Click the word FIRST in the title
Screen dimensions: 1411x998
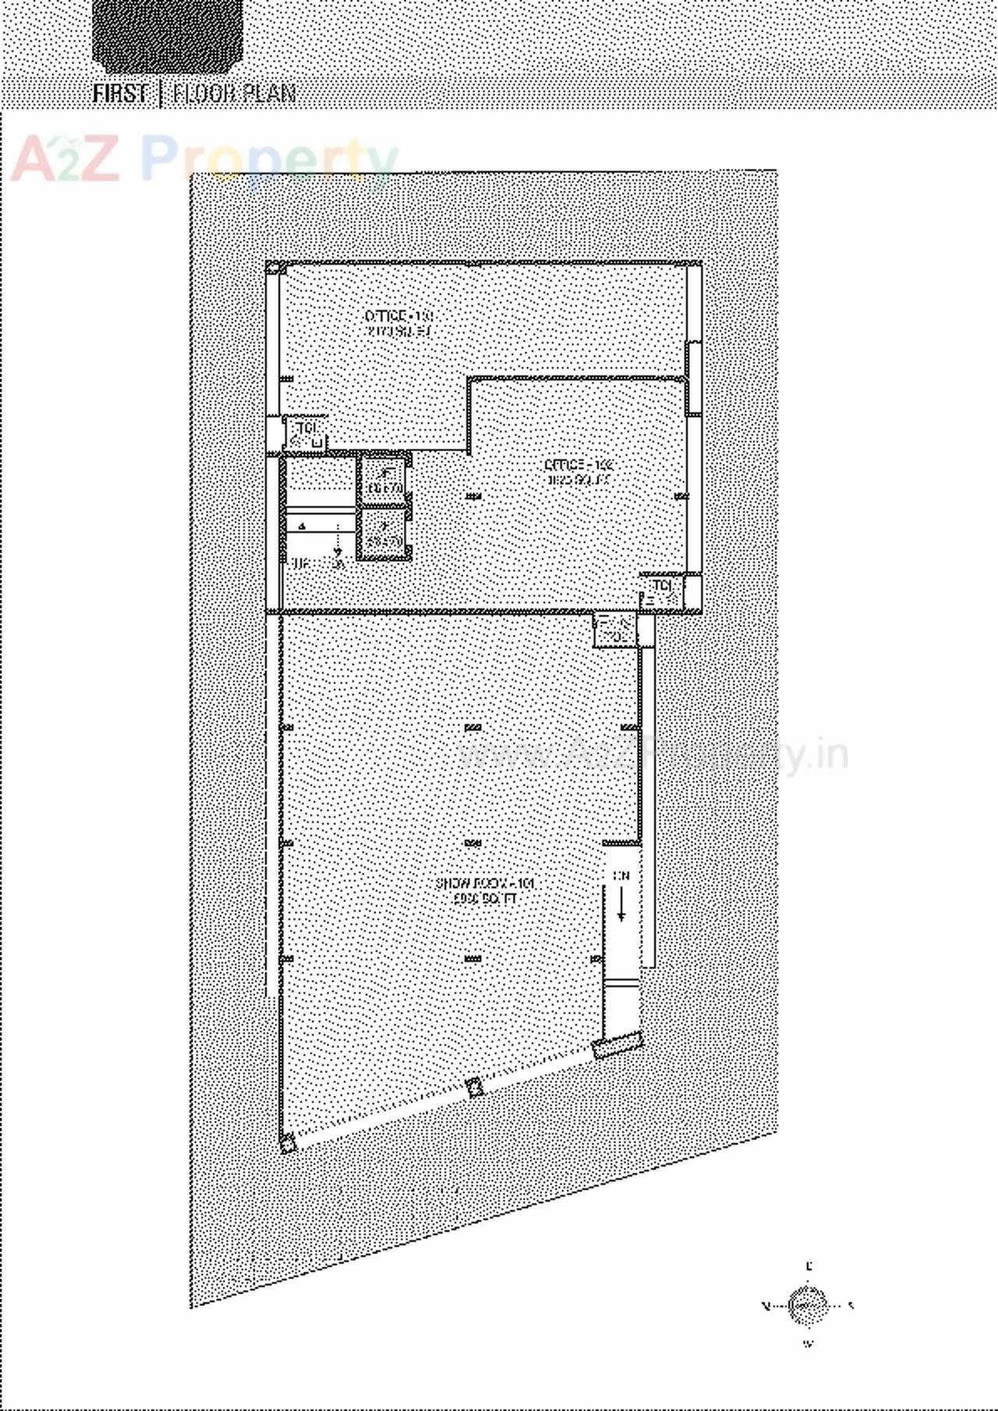pos(119,93)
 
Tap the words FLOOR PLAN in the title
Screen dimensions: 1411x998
pos(234,93)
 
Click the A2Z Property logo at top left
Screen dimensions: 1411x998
pos(203,160)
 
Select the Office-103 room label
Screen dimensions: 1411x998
pos(398,323)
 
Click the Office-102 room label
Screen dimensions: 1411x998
pos(580,472)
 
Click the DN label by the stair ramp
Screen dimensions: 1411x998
pos(621,876)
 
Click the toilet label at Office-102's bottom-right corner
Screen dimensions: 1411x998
pos(662,586)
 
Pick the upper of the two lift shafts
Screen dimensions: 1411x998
pos(383,480)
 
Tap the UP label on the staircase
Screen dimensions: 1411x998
pos(297,563)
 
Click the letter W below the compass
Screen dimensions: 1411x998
pos(808,1343)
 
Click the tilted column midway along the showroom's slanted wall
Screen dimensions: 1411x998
pos(472,1088)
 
